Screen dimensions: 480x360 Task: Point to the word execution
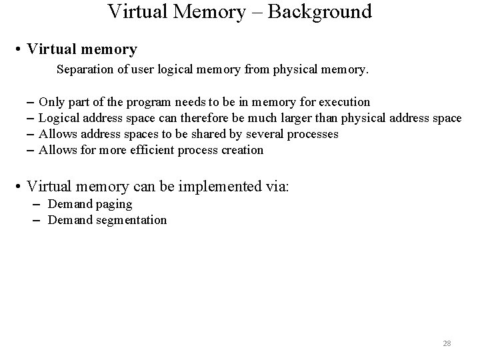[x=345, y=102]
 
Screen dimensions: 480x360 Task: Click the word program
[x=149, y=102]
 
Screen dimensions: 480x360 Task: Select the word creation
[x=241, y=150]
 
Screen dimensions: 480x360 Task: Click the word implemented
[x=219, y=187]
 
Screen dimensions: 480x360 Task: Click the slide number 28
[x=447, y=343]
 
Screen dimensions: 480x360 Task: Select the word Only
[x=51, y=102]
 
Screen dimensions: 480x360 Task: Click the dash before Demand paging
[x=34, y=204]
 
